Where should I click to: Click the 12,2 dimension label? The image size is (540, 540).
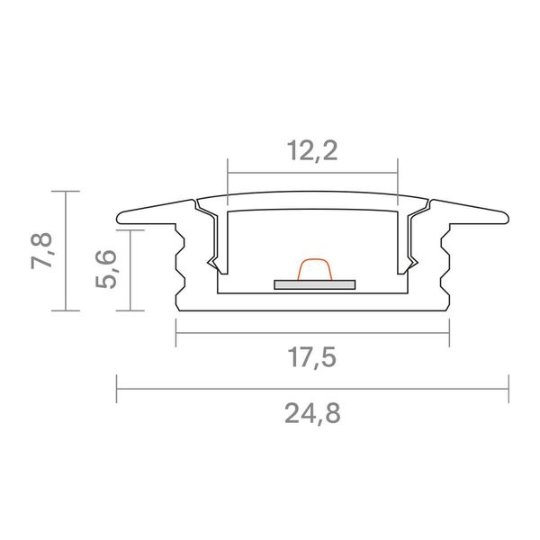312,151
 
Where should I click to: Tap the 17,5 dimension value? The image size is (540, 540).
311,357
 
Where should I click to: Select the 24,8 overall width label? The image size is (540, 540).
312,413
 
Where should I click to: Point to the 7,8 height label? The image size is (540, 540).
41,251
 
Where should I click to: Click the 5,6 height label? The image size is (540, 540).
106,269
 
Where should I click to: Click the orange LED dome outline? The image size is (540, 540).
314,268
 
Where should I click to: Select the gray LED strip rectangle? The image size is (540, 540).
314,284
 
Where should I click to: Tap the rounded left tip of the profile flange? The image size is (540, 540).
119,219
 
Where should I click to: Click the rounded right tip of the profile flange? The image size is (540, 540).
507,219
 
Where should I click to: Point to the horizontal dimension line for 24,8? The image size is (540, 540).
312,389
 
